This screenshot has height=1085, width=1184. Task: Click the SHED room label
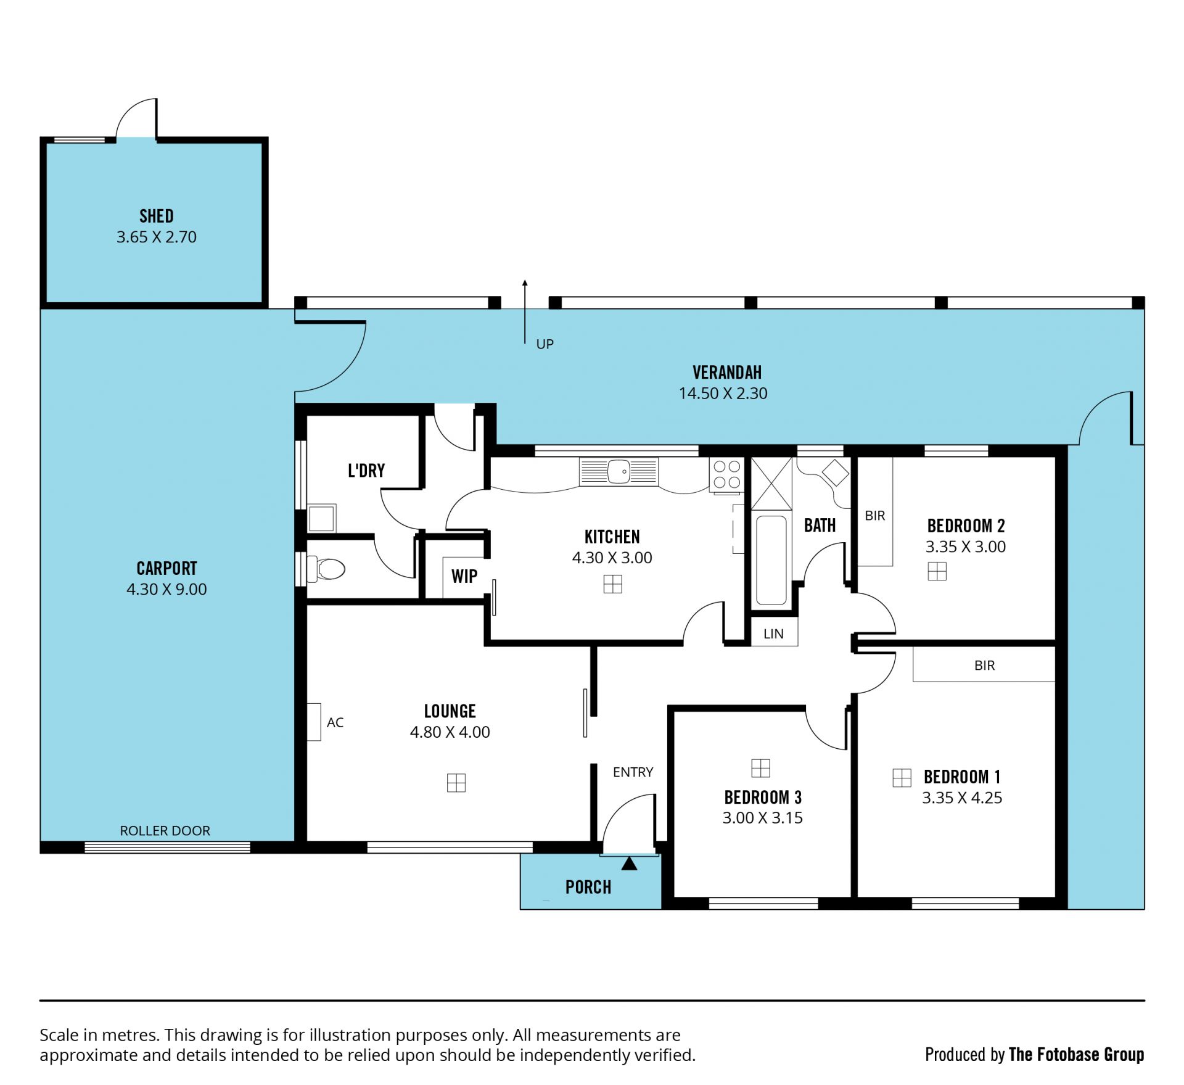[157, 216]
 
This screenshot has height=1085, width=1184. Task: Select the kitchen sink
[619, 472]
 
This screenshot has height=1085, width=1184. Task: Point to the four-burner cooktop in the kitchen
[726, 475]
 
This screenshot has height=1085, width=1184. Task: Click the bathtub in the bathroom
[771, 560]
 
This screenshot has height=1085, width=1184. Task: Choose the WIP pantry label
[464, 576]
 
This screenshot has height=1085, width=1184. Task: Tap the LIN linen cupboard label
[773, 633]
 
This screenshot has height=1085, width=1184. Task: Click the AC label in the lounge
[335, 722]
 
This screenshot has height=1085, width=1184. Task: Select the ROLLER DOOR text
[165, 831]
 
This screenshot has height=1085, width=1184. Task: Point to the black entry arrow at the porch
[629, 864]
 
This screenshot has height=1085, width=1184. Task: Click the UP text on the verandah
[545, 344]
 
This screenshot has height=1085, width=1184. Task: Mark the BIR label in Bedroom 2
[875, 515]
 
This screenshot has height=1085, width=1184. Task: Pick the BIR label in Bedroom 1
[984, 666]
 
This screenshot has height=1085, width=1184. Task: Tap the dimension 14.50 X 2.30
[723, 394]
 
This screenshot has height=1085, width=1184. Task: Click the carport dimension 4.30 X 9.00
[166, 589]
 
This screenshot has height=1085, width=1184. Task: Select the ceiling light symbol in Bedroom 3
[761, 768]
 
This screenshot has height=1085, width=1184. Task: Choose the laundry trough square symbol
[321, 518]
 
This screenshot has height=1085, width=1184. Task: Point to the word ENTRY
[633, 772]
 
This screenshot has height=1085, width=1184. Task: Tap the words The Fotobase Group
[1076, 1054]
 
